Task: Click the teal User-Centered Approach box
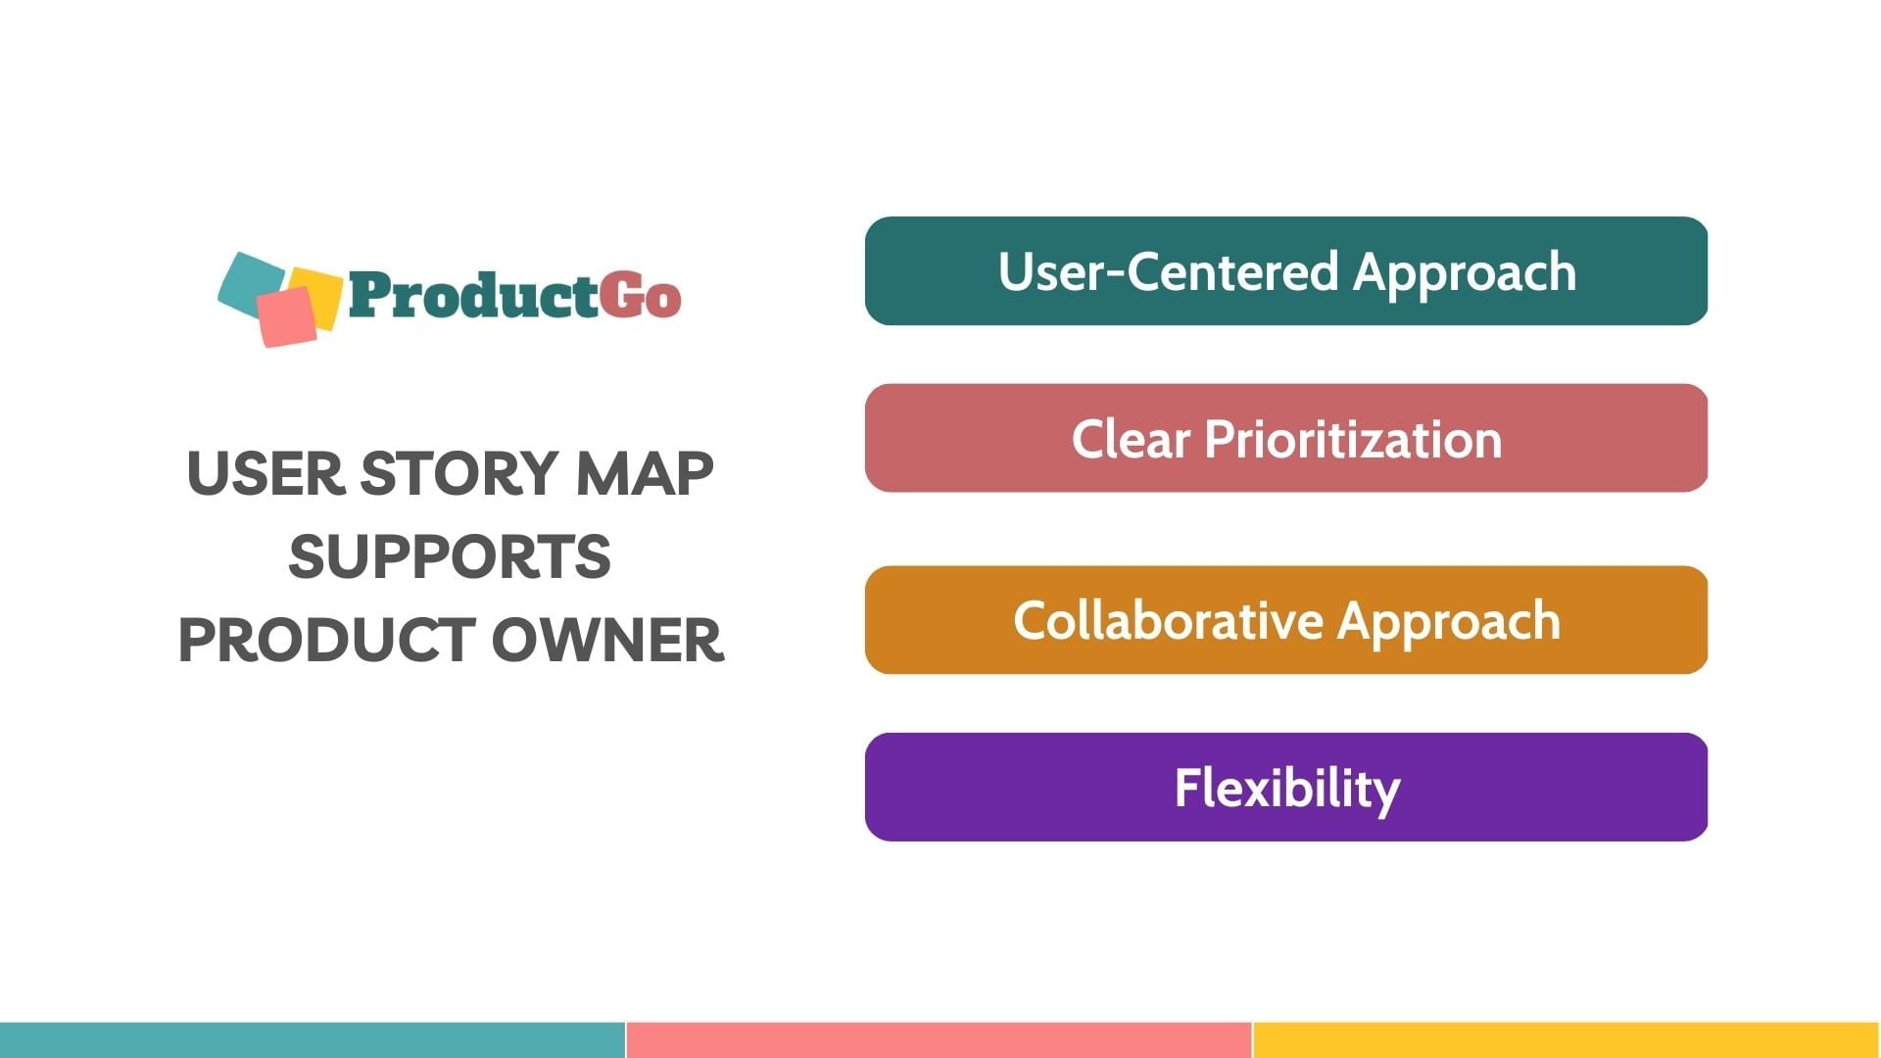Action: (x=1285, y=271)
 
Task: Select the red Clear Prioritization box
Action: (x=1285, y=438)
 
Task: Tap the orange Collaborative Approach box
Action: (x=1285, y=620)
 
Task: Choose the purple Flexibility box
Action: (x=1285, y=787)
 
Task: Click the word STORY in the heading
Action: (x=459, y=474)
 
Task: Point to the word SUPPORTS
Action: (x=450, y=556)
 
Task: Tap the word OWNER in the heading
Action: (x=606, y=640)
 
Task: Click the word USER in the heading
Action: (x=265, y=474)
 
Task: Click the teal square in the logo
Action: (x=245, y=280)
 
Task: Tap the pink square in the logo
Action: (x=286, y=316)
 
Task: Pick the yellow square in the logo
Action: (x=323, y=294)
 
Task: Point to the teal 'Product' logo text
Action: (x=472, y=296)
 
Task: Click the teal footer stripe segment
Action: (x=312, y=1039)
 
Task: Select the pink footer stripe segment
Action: (x=939, y=1039)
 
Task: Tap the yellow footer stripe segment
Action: (x=1566, y=1039)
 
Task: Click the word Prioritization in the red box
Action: (x=1352, y=439)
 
